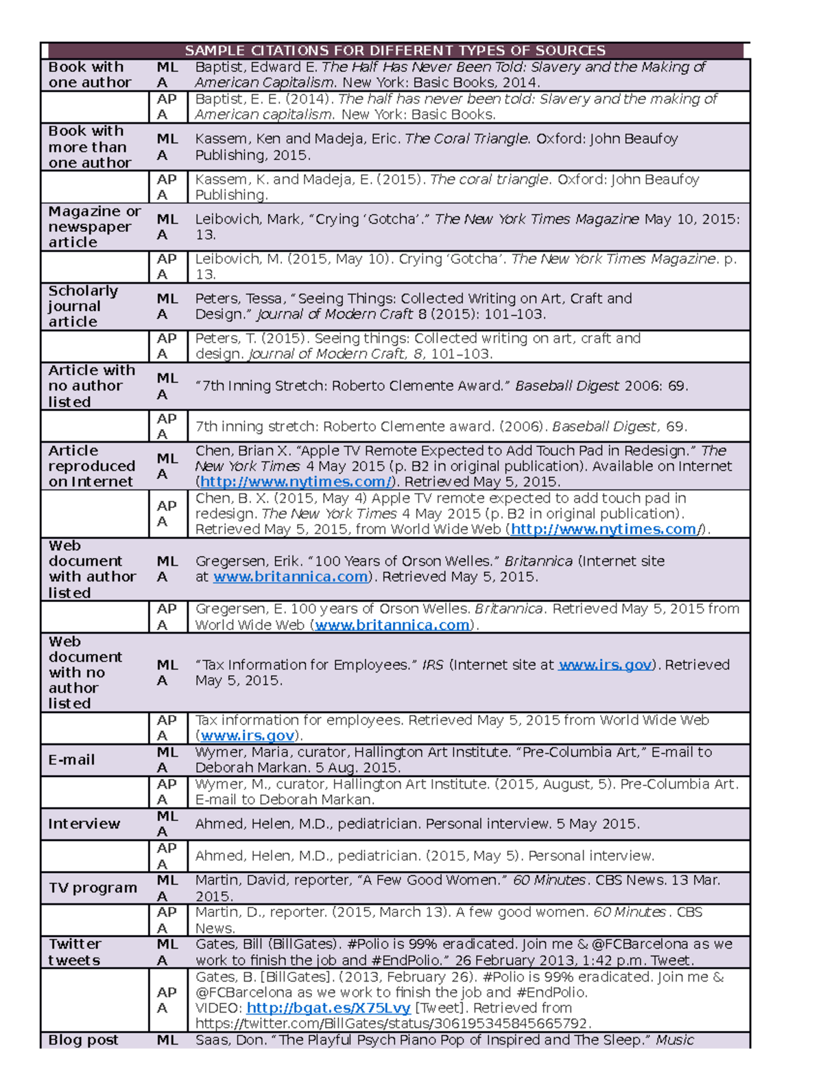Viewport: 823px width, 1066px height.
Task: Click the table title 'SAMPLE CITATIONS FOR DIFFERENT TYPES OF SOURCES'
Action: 395,51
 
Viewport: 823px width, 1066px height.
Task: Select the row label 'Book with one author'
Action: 89,75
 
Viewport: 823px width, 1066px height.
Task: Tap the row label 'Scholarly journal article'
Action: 82,306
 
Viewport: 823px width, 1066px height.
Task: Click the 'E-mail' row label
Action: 71,760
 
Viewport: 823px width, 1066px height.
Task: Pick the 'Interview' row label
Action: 84,824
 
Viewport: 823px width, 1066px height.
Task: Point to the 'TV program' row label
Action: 93,888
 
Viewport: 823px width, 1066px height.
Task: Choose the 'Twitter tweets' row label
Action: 75,952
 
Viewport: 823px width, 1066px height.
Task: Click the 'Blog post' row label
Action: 83,1040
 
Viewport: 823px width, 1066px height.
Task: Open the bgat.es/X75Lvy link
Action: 328,1008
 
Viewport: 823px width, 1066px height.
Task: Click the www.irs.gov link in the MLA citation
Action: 604,664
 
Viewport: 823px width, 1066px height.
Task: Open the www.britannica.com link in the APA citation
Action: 392,625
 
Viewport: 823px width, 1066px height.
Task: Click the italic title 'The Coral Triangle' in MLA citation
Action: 467,139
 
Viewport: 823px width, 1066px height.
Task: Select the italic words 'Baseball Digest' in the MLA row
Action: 566,386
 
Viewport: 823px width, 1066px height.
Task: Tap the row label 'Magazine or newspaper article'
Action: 94,227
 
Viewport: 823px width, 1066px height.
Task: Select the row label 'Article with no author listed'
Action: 91,386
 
